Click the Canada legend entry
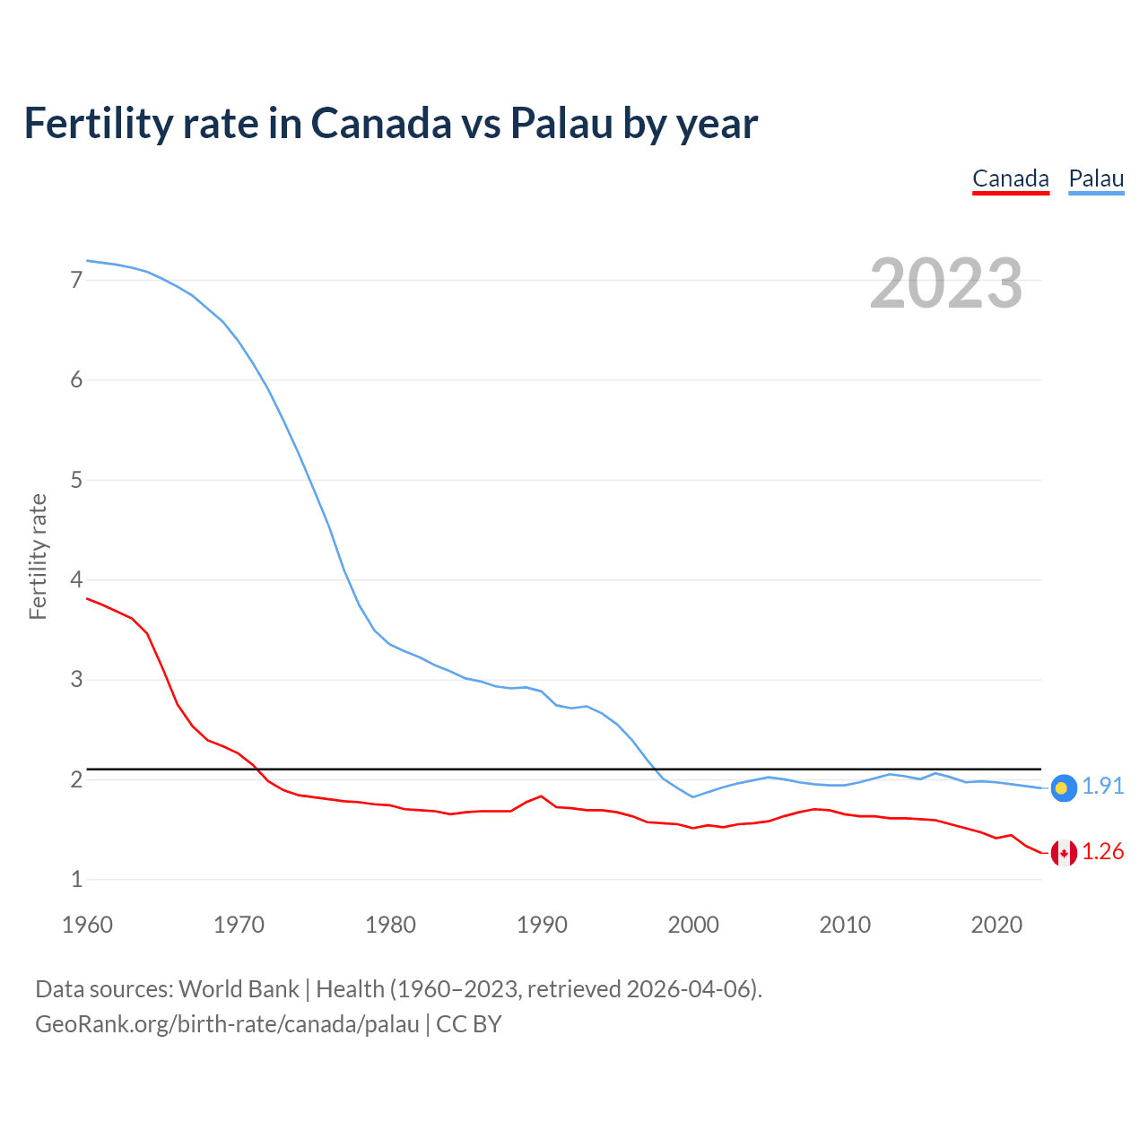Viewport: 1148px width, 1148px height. pos(1011,178)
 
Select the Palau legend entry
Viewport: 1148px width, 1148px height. pos(1096,178)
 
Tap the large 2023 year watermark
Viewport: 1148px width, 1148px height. pos(946,283)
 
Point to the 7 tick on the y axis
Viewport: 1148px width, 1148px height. pos(76,280)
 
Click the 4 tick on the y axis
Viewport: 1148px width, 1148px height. pos(76,579)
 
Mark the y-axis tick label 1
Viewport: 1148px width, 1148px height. pos(76,879)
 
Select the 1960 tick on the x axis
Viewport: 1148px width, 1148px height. pos(87,925)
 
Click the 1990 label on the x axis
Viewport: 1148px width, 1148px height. pos(542,925)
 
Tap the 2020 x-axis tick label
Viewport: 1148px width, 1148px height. pos(996,925)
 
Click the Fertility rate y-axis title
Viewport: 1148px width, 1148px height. pos(38,556)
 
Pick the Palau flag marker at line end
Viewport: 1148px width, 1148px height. pos(1063,787)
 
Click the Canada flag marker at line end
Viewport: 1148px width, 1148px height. pos(1064,853)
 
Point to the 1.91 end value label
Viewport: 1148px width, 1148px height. pos(1102,787)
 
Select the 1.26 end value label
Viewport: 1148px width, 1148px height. pos(1102,852)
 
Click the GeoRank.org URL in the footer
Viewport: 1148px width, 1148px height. pos(227,1024)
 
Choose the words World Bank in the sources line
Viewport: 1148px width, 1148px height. pos(239,989)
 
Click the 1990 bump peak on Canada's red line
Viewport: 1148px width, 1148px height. pos(541,796)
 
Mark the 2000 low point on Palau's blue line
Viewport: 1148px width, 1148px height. pos(692,796)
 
